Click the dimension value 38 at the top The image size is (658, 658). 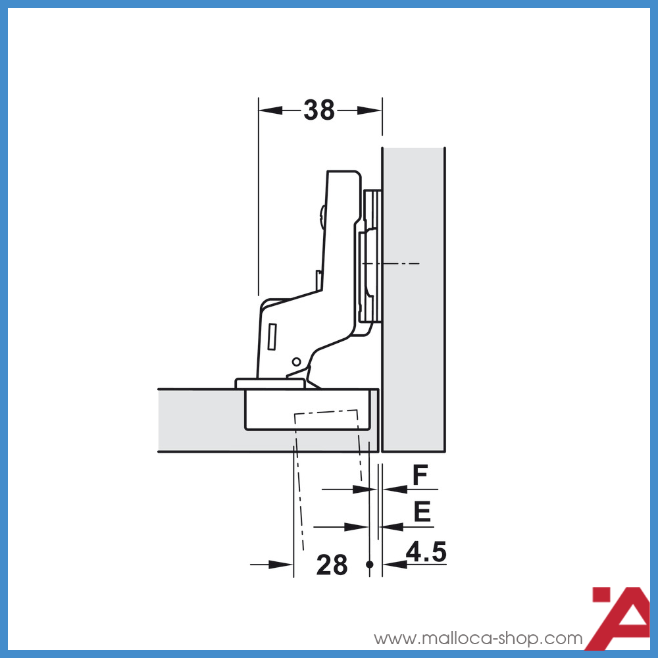[x=319, y=111]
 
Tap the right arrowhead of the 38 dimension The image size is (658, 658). [x=369, y=111]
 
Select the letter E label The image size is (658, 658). [x=422, y=512]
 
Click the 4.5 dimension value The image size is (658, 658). [x=426, y=551]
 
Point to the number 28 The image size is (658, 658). [x=332, y=565]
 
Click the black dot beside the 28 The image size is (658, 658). [x=370, y=564]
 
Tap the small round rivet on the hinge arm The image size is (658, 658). [x=296, y=361]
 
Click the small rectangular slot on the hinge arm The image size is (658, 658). [x=273, y=336]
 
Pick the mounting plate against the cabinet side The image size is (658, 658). [x=372, y=257]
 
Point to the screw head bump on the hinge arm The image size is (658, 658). [x=321, y=217]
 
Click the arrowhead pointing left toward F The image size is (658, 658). [x=393, y=489]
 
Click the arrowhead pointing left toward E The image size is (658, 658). [x=393, y=526]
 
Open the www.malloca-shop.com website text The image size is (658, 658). [x=478, y=638]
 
